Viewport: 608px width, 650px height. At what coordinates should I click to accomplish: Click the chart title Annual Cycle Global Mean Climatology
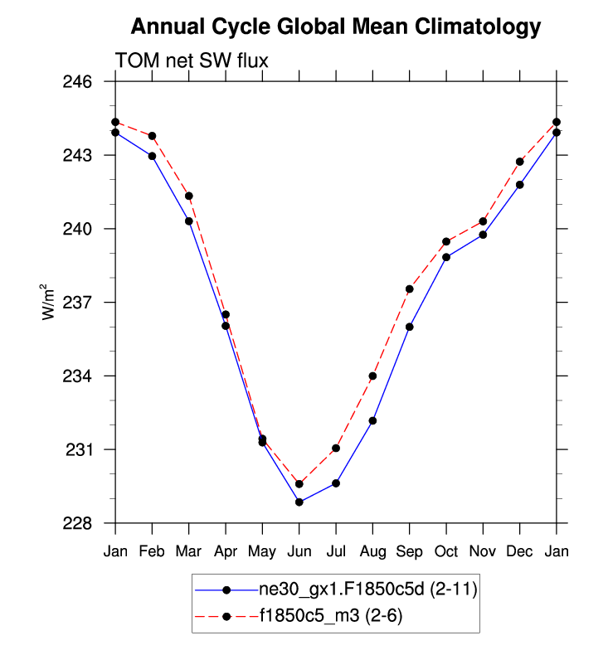click(x=336, y=27)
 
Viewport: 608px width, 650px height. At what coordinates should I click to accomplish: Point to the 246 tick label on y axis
click(x=85, y=82)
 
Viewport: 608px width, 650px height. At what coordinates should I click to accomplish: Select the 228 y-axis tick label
click(x=85, y=523)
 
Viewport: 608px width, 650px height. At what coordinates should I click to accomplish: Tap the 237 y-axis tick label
click(x=85, y=303)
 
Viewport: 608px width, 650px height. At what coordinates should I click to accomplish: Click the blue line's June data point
click(x=299, y=502)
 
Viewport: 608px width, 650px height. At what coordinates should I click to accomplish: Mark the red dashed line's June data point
click(x=299, y=484)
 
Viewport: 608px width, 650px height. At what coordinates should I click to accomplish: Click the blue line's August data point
click(x=373, y=421)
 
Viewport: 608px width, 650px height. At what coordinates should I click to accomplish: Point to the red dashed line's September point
click(x=410, y=289)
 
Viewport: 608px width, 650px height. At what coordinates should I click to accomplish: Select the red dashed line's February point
click(x=153, y=136)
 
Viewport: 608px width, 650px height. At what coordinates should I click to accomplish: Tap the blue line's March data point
click(x=189, y=221)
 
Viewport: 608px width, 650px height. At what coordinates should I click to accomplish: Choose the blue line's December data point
click(x=520, y=185)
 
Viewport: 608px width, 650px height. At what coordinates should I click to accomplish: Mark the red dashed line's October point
click(x=446, y=242)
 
